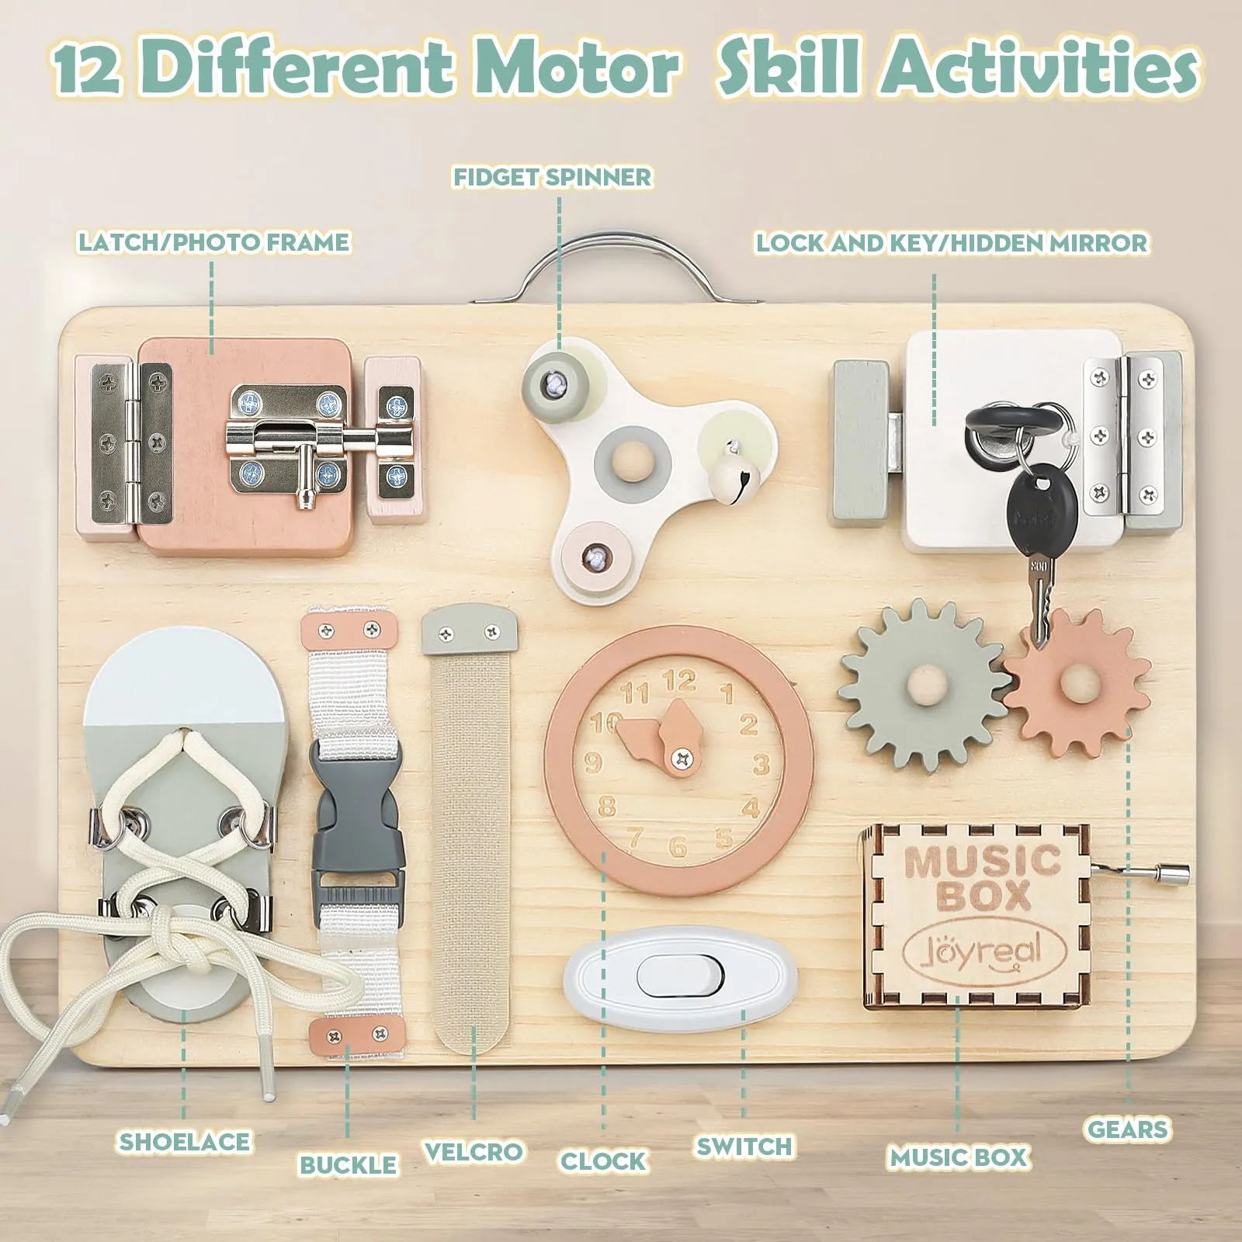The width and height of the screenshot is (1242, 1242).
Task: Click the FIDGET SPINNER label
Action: (x=553, y=177)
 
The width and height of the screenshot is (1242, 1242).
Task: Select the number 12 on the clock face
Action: (x=678, y=681)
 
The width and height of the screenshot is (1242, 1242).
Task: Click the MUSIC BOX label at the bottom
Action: (x=959, y=1157)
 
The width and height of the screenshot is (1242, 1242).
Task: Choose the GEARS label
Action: (x=1127, y=1129)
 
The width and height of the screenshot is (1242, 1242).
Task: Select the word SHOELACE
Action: (x=185, y=1141)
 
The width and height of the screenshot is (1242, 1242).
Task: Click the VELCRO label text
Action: (x=474, y=1151)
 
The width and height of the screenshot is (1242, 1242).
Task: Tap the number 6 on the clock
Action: (x=678, y=845)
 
